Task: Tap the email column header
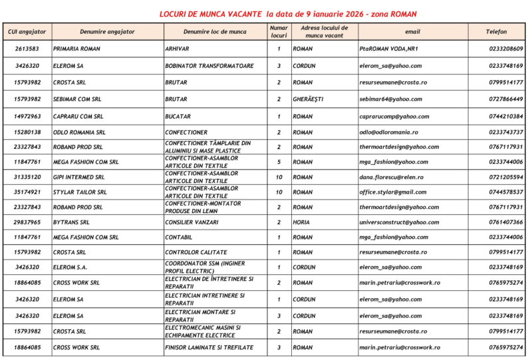pyautogui.click(x=412, y=31)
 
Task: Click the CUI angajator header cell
pyautogui.click(x=27, y=31)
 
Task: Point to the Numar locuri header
pyautogui.click(x=279, y=31)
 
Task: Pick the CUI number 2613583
pyautogui.click(x=27, y=49)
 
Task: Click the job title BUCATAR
pyautogui.click(x=178, y=116)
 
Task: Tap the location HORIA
pyautogui.click(x=301, y=222)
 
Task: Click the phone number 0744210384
pyautogui.click(x=505, y=116)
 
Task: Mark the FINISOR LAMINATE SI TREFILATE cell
pyautogui.click(x=209, y=347)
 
